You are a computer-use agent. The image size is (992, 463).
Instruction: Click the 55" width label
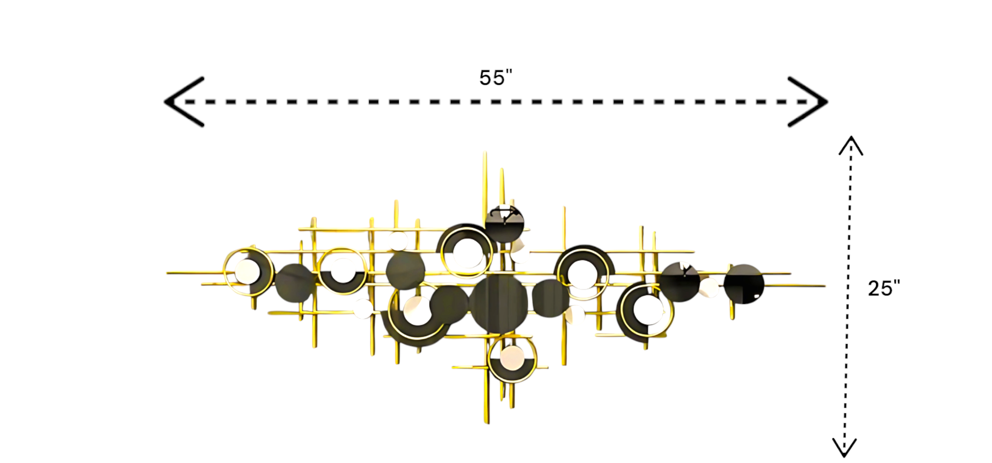496,78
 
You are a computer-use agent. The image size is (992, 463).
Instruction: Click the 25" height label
884,288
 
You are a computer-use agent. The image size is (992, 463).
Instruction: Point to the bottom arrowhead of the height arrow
844,447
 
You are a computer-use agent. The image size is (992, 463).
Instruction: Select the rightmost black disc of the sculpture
744,284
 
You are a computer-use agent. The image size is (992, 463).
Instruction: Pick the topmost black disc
504,224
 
